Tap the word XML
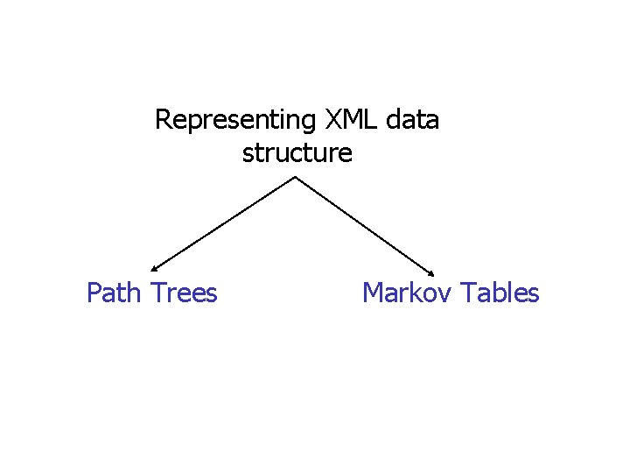pyautogui.click(x=348, y=119)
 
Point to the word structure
pyautogui.click(x=297, y=153)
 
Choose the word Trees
pyautogui.click(x=185, y=292)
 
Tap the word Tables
pyautogui.click(x=500, y=292)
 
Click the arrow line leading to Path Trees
pyautogui.click(x=223, y=224)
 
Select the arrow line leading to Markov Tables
pyautogui.click(x=366, y=224)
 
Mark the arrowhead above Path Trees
pyautogui.click(x=154, y=268)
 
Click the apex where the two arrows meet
pyautogui.click(x=295, y=177)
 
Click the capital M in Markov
pyautogui.click(x=372, y=292)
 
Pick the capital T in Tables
pyautogui.click(x=468, y=292)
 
